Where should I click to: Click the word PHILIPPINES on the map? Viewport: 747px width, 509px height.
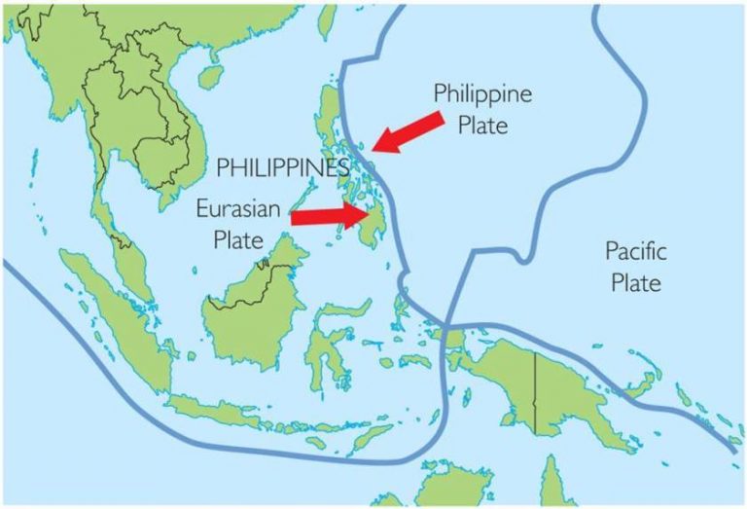pyautogui.click(x=283, y=166)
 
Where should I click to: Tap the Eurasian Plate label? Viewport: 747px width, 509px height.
pyautogui.click(x=238, y=223)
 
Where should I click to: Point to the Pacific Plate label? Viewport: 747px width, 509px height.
pyautogui.click(x=636, y=268)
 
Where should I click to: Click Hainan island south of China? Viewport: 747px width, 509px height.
pyautogui.click(x=208, y=79)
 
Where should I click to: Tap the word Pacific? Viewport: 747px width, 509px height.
pyautogui.click(x=636, y=252)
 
